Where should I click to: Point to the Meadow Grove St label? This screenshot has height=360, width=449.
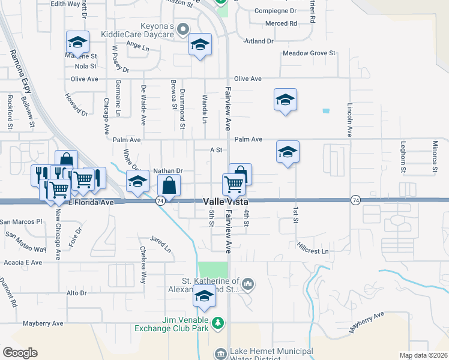click(309, 53)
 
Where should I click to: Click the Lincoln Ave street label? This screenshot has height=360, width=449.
click(349, 119)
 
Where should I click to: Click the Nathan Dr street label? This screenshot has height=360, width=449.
click(167, 171)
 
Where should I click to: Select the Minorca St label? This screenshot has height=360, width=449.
click(434, 157)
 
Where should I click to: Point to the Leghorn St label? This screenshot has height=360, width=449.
click(403, 157)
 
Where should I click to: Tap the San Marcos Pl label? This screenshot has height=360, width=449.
click(22, 221)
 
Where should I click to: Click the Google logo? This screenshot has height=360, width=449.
click(20, 353)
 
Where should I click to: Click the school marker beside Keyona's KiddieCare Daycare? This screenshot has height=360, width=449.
click(200, 44)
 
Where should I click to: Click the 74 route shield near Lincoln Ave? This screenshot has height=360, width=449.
click(356, 199)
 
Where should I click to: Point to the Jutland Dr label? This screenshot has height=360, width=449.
click(258, 41)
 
